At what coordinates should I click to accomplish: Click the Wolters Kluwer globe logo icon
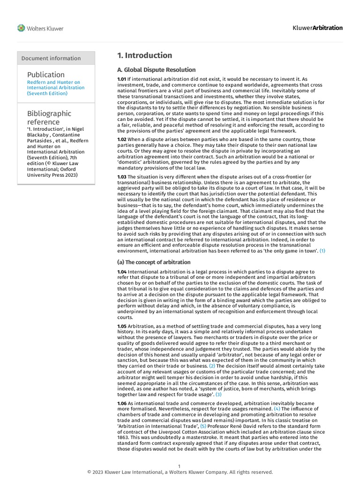point(21,28)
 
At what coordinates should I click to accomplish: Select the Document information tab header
point(51,59)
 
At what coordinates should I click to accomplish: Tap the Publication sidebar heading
point(46,75)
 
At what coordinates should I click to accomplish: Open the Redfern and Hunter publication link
point(56,88)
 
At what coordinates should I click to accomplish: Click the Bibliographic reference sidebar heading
point(49,118)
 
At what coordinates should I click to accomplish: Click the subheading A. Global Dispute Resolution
point(156,70)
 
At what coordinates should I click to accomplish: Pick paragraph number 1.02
point(122,140)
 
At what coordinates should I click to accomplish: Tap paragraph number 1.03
point(122,176)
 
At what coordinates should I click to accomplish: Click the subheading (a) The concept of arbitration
point(154,262)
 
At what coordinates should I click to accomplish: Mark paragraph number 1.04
point(122,272)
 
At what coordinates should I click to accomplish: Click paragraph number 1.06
point(122,403)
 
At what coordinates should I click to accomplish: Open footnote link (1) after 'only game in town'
point(322,251)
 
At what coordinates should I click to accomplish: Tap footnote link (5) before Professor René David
point(203,426)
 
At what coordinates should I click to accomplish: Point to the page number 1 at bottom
point(180,466)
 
